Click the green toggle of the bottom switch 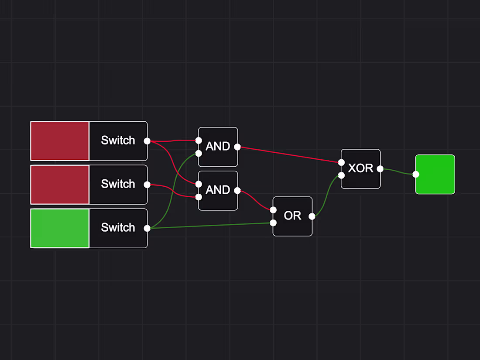click(x=60, y=228)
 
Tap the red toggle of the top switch click(x=60, y=141)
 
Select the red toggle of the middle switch click(x=60, y=185)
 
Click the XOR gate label click(x=360, y=168)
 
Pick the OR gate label click(x=292, y=216)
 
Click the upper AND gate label click(x=218, y=147)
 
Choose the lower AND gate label click(x=218, y=190)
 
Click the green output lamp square click(x=435, y=174)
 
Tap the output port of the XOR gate click(x=380, y=169)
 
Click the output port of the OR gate click(x=312, y=216)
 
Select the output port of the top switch click(x=147, y=141)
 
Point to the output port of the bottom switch click(x=147, y=228)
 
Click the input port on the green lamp click(x=416, y=174)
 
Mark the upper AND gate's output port click(x=237, y=147)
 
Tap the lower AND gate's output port click(x=237, y=191)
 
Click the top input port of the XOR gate click(x=341, y=162)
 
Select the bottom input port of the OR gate click(x=273, y=223)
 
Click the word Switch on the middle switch click(x=118, y=184)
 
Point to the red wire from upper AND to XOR click(x=288, y=154)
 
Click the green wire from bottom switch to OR click(x=209, y=226)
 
